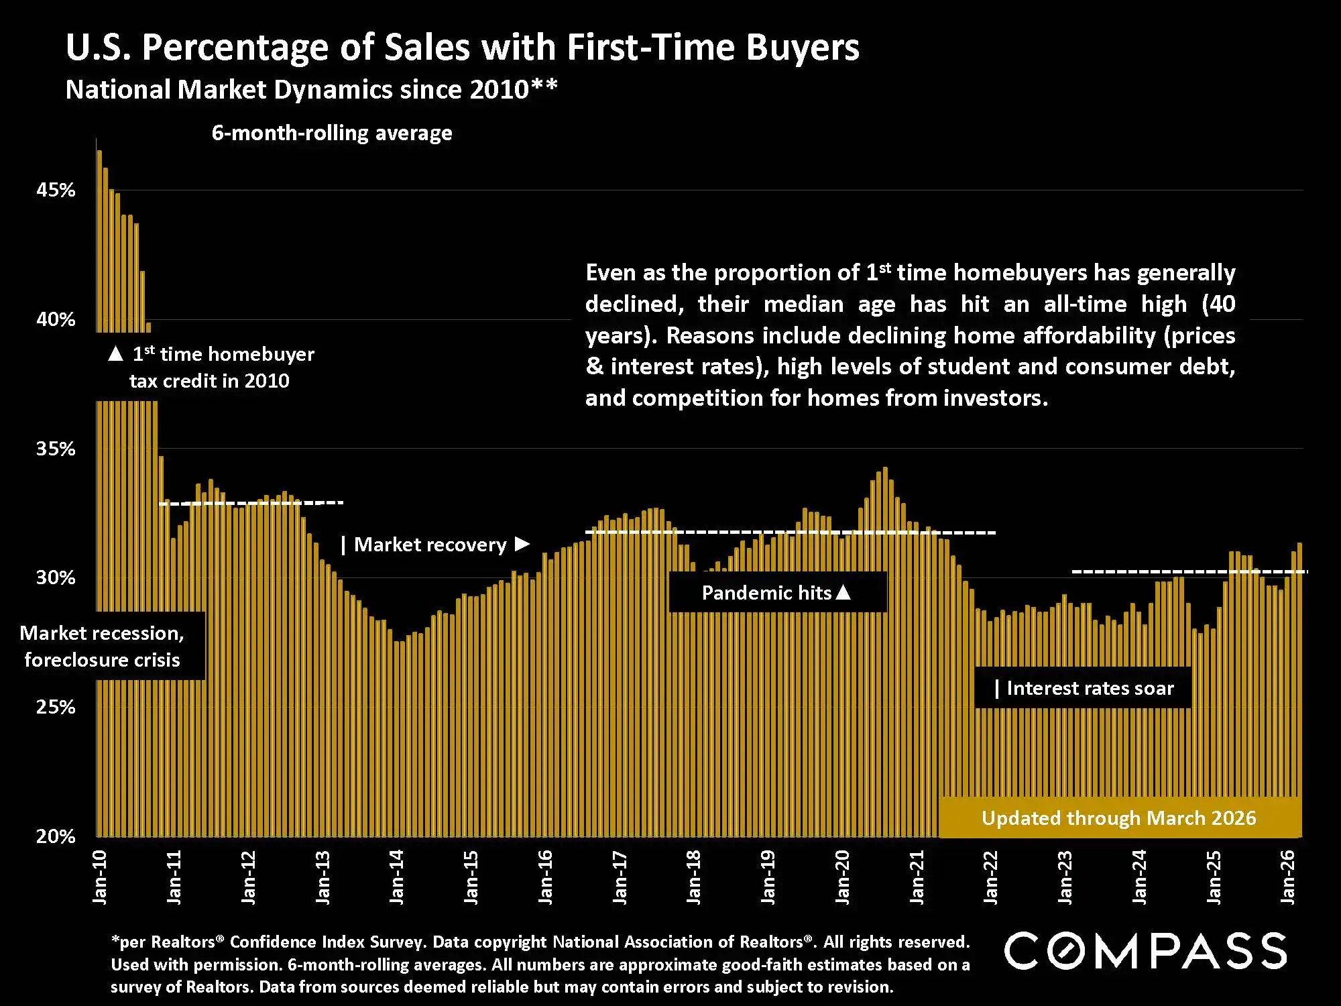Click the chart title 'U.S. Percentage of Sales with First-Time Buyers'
point(462,48)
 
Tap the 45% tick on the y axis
point(56,190)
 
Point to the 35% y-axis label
point(56,449)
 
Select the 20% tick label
point(56,836)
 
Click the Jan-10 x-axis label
point(100,877)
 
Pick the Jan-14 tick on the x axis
point(397,877)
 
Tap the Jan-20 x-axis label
point(843,877)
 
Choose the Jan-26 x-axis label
point(1288,877)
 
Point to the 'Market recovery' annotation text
point(430,545)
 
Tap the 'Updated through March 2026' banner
point(1118,818)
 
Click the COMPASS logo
point(1145,950)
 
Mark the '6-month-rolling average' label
point(332,133)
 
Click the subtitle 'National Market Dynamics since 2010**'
point(311,90)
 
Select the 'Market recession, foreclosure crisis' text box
point(102,647)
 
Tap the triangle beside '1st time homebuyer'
point(115,354)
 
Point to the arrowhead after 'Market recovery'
point(522,544)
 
